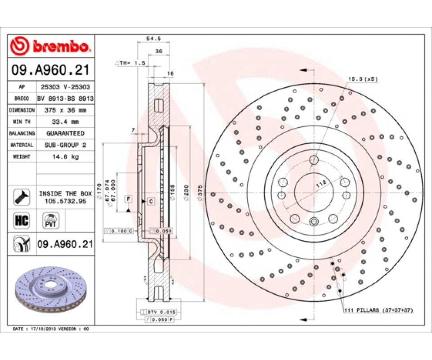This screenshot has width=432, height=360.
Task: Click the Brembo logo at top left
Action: coord(51,45)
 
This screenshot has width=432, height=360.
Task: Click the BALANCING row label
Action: coord(22,133)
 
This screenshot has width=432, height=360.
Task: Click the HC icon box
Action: coord(22,221)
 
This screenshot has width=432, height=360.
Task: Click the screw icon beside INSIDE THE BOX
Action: coord(21,196)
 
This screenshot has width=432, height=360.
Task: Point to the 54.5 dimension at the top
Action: coord(153,39)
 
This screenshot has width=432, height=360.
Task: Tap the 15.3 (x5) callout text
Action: coord(362,79)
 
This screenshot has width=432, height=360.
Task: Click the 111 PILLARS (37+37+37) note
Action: coord(378,310)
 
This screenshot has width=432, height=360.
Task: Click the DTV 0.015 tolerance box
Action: coord(160,311)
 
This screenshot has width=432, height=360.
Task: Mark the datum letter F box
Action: coord(128,198)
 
